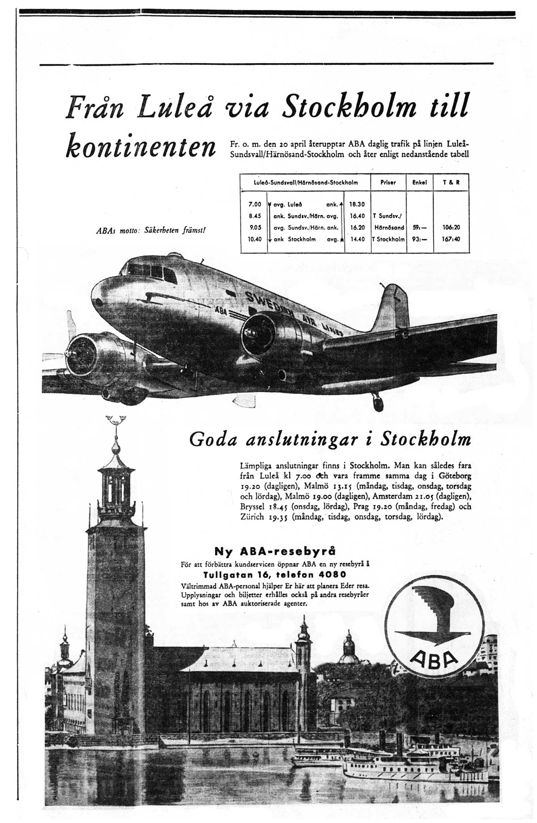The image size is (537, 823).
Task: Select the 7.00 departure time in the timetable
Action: [x=254, y=204]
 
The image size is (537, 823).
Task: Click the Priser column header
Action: [x=388, y=182]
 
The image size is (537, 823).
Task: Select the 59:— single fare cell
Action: [x=419, y=227]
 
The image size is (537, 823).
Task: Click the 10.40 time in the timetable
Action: [x=254, y=239]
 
